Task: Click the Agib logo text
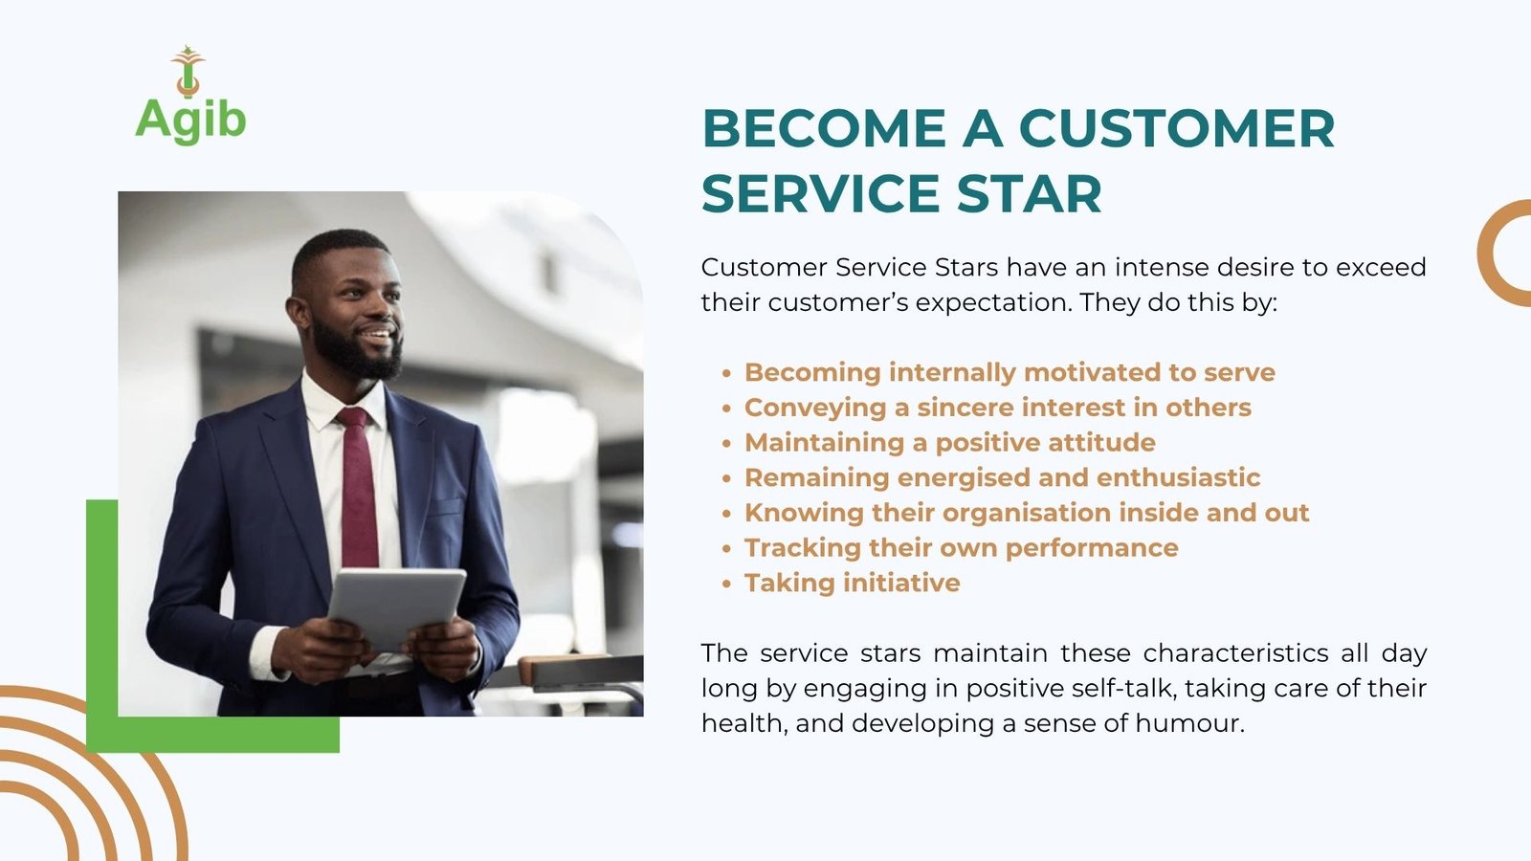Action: (x=190, y=121)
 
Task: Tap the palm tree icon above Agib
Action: (x=188, y=71)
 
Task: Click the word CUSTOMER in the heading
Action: (x=1176, y=128)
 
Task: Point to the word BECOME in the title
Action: (x=824, y=128)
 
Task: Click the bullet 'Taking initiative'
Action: (x=852, y=583)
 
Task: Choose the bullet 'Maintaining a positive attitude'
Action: (x=949, y=443)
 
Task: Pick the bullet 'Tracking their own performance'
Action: (x=961, y=548)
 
